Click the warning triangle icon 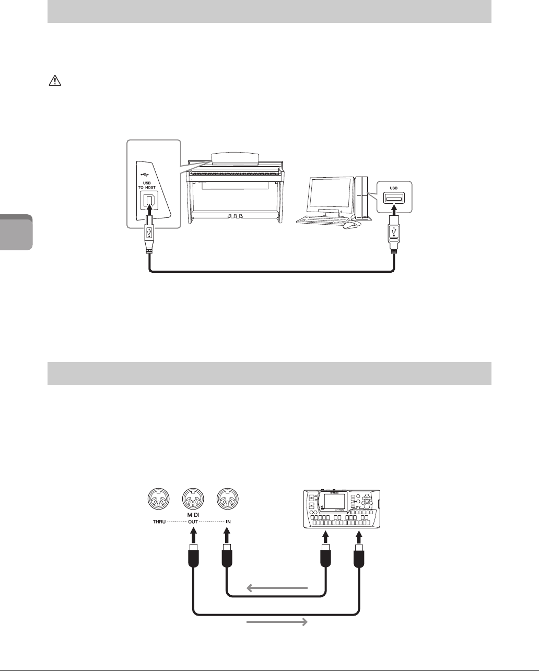tap(54, 82)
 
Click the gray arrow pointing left tap(277, 588)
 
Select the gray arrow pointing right tap(277, 622)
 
